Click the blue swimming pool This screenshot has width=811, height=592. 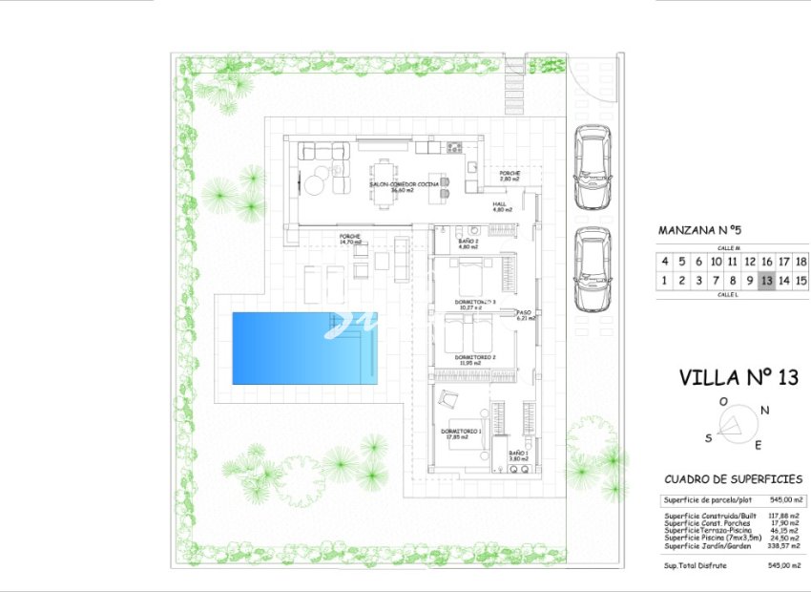coord(304,348)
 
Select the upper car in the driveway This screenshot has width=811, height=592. coord(593,167)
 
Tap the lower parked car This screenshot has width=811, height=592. coord(593,268)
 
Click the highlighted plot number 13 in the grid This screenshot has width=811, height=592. coord(766,280)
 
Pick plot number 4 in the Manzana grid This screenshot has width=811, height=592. coord(664,261)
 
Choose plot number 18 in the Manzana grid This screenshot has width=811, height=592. coord(801,261)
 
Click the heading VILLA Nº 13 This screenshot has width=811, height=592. coord(738,377)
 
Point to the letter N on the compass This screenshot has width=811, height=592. coord(765,410)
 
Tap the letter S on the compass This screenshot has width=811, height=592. coord(709,437)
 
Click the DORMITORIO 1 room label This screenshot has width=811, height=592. coord(462,432)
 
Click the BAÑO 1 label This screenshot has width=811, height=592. coord(518,454)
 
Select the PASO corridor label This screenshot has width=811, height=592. coord(524,312)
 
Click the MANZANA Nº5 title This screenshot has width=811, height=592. coord(699,230)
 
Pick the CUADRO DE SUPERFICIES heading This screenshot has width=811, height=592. coord(733,479)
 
